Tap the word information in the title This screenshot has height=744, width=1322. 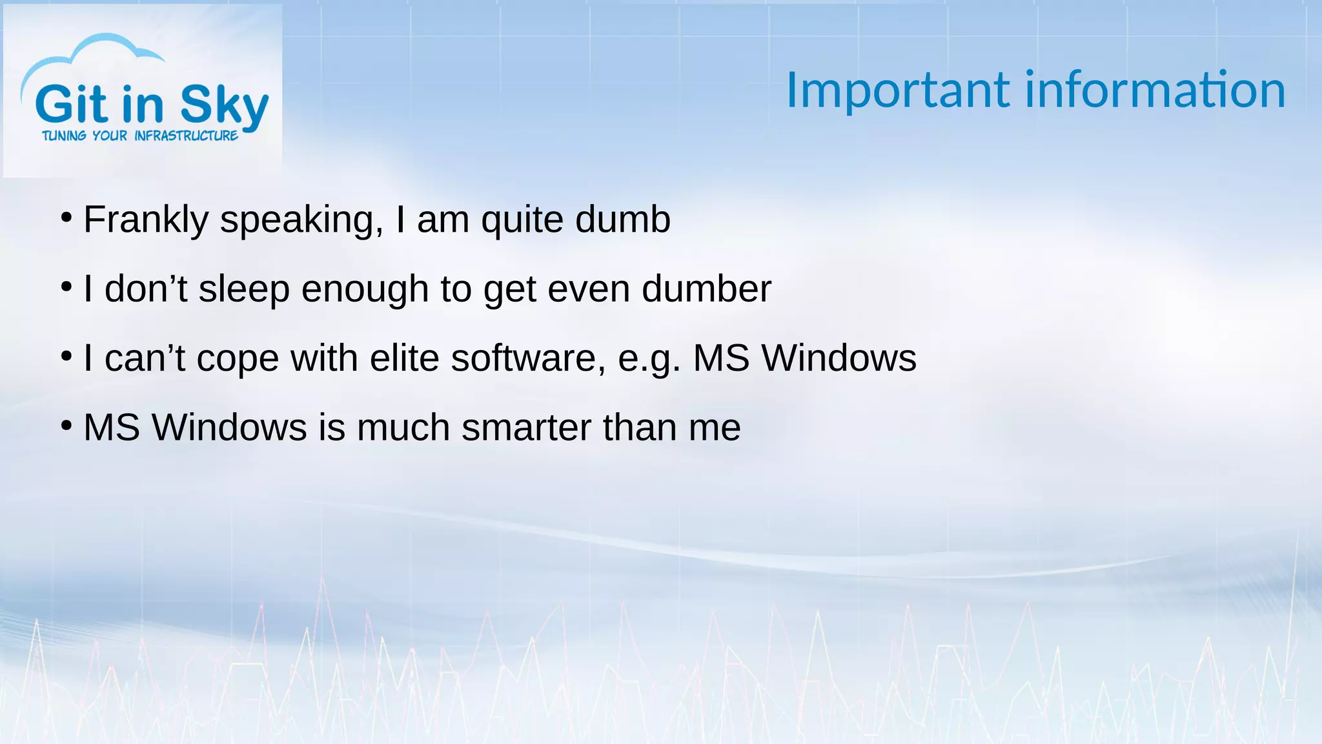coord(1155,90)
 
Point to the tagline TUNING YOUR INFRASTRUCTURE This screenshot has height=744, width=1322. coord(140,136)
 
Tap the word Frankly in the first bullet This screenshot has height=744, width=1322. coord(146,220)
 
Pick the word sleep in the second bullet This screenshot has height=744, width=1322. coord(244,289)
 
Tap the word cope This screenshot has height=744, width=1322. coord(238,359)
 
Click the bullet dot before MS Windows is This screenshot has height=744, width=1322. coord(66,426)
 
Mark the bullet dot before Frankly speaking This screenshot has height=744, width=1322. coord(66,218)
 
